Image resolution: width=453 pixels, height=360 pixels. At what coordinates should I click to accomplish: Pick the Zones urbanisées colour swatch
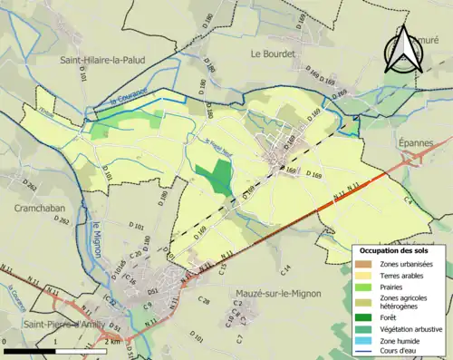pyautogui.click(x=364, y=264)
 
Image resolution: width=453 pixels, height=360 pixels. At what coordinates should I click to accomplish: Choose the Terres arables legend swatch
pyautogui.click(x=364, y=276)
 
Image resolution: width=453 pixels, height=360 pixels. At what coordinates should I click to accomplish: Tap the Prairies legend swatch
pyautogui.click(x=364, y=287)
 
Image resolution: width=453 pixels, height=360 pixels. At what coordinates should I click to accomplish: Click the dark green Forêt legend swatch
pyautogui.click(x=364, y=316)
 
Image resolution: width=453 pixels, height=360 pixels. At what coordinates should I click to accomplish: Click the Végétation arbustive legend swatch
pyautogui.click(x=364, y=328)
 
